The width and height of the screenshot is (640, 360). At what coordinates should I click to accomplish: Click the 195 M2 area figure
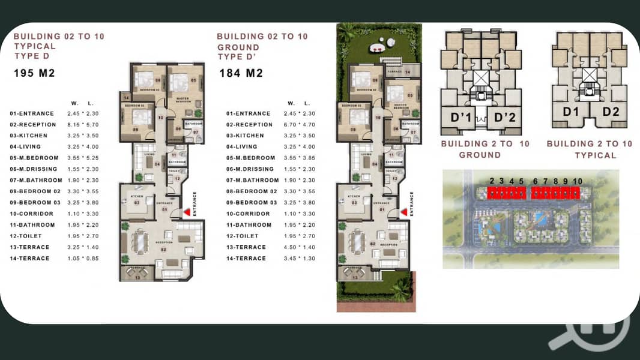click(35, 74)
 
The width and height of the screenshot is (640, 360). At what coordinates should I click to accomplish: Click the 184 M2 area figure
click(240, 74)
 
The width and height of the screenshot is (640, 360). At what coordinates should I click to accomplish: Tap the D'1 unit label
click(462, 117)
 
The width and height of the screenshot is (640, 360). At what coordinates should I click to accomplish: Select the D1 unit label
click(571, 112)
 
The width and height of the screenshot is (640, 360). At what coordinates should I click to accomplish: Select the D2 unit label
click(611, 112)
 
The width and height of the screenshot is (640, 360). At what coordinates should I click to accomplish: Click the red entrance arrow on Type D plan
click(187, 212)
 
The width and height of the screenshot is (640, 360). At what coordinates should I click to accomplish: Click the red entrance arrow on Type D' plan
click(404, 212)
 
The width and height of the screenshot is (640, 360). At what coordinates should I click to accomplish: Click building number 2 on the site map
click(492, 181)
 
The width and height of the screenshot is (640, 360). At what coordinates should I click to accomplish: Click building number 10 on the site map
click(578, 181)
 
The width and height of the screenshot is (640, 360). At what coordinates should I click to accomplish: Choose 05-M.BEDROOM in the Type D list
click(33, 158)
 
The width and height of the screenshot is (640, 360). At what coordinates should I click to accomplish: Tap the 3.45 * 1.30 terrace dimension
click(303, 259)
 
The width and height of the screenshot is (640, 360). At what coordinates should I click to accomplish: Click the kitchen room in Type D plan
click(137, 201)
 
